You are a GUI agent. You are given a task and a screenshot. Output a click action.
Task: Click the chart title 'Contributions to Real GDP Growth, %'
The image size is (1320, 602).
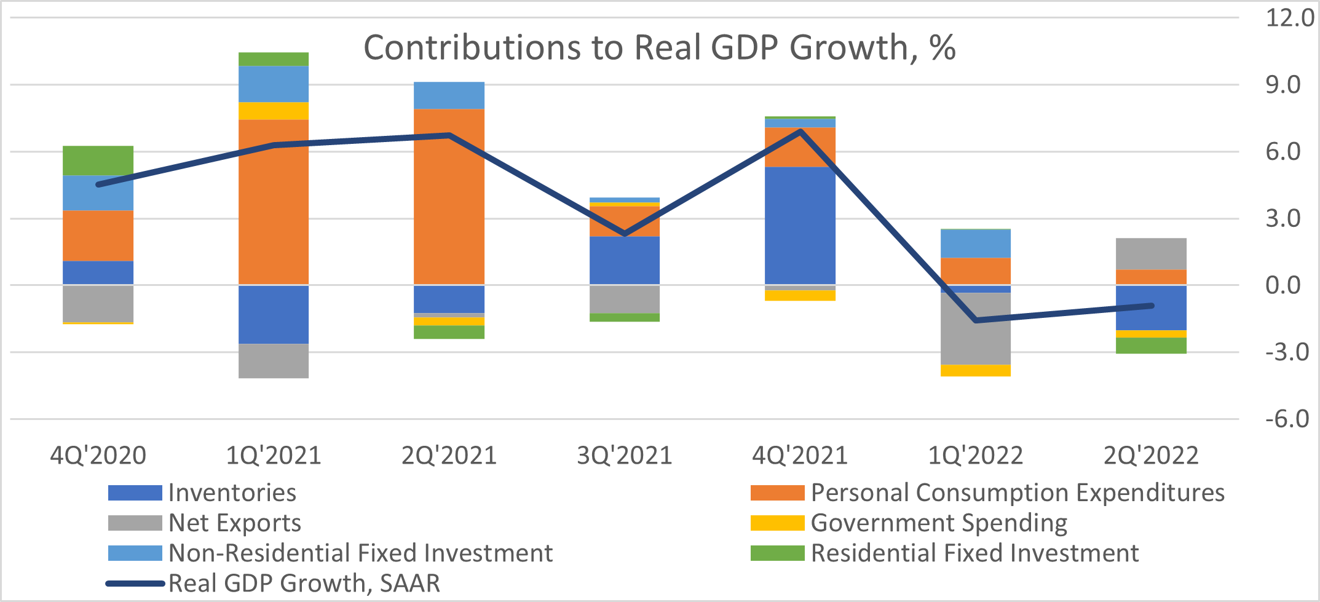(659, 47)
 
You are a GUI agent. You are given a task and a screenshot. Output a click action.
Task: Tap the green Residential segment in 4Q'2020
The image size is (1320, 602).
(98, 160)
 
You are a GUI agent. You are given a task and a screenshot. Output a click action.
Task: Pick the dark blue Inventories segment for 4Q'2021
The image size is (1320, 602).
(800, 225)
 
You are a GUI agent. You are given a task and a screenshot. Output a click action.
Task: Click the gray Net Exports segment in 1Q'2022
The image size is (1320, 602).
(976, 328)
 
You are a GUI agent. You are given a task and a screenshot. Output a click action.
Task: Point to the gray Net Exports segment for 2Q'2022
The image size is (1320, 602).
(1151, 253)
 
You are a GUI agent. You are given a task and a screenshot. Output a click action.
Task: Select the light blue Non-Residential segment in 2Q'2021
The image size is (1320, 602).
(449, 95)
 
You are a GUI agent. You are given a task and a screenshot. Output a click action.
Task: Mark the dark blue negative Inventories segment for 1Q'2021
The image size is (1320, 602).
(274, 314)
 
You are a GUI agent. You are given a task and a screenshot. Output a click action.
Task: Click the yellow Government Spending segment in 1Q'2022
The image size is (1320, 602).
(976, 370)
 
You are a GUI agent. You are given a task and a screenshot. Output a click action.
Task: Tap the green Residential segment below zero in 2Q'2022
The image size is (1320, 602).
(1151, 346)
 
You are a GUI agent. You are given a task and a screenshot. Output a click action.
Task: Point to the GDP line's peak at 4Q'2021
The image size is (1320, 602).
(800, 131)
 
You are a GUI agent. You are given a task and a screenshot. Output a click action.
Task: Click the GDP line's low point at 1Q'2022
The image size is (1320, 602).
(976, 320)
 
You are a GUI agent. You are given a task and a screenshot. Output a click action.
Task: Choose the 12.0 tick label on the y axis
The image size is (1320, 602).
(1289, 18)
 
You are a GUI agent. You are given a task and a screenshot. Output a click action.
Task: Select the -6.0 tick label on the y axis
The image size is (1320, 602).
(1287, 419)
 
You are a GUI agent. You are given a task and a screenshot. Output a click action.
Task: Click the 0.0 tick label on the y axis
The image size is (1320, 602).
(1283, 285)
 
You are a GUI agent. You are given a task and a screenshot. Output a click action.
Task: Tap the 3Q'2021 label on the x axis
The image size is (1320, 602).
(625, 456)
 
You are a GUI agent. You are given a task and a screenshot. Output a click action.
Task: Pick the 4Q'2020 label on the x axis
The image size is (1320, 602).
(98, 456)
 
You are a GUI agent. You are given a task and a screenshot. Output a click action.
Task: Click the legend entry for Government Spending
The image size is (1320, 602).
(938, 523)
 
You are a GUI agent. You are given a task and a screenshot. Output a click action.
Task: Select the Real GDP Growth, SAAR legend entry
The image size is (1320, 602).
(304, 583)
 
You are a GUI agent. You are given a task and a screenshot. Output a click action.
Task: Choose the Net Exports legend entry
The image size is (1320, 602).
(234, 523)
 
